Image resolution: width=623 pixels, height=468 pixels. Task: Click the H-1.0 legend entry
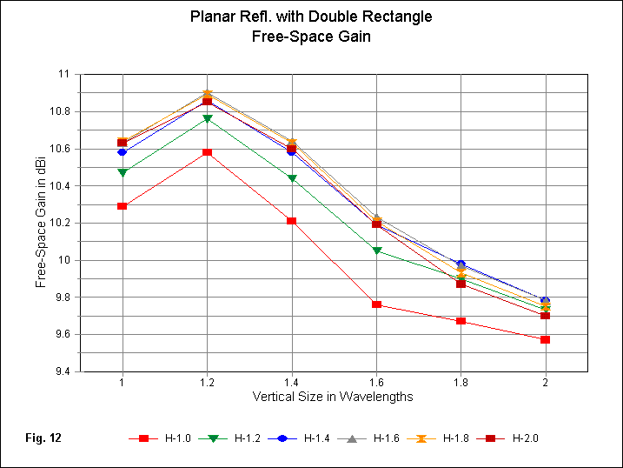click(x=156, y=438)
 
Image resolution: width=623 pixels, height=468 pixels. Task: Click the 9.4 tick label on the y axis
click(x=62, y=371)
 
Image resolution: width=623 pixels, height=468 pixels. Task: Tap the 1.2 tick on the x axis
click(x=207, y=383)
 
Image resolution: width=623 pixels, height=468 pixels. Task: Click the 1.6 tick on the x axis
click(x=376, y=383)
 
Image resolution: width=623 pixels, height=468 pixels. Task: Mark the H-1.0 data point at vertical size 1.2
click(x=207, y=152)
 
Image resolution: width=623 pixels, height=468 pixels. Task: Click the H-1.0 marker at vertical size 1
click(x=123, y=206)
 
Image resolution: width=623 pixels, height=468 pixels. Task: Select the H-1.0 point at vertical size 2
click(x=545, y=339)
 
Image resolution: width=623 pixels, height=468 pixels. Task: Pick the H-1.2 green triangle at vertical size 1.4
click(x=292, y=178)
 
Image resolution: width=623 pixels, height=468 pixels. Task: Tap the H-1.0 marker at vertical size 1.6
click(x=376, y=304)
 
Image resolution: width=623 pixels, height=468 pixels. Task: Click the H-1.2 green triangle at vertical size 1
click(x=123, y=172)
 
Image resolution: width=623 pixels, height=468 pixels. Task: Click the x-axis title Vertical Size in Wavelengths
click(x=333, y=397)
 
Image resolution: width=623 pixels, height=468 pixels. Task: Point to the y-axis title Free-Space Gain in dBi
click(x=41, y=223)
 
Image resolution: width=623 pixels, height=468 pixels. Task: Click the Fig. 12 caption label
click(x=42, y=438)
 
